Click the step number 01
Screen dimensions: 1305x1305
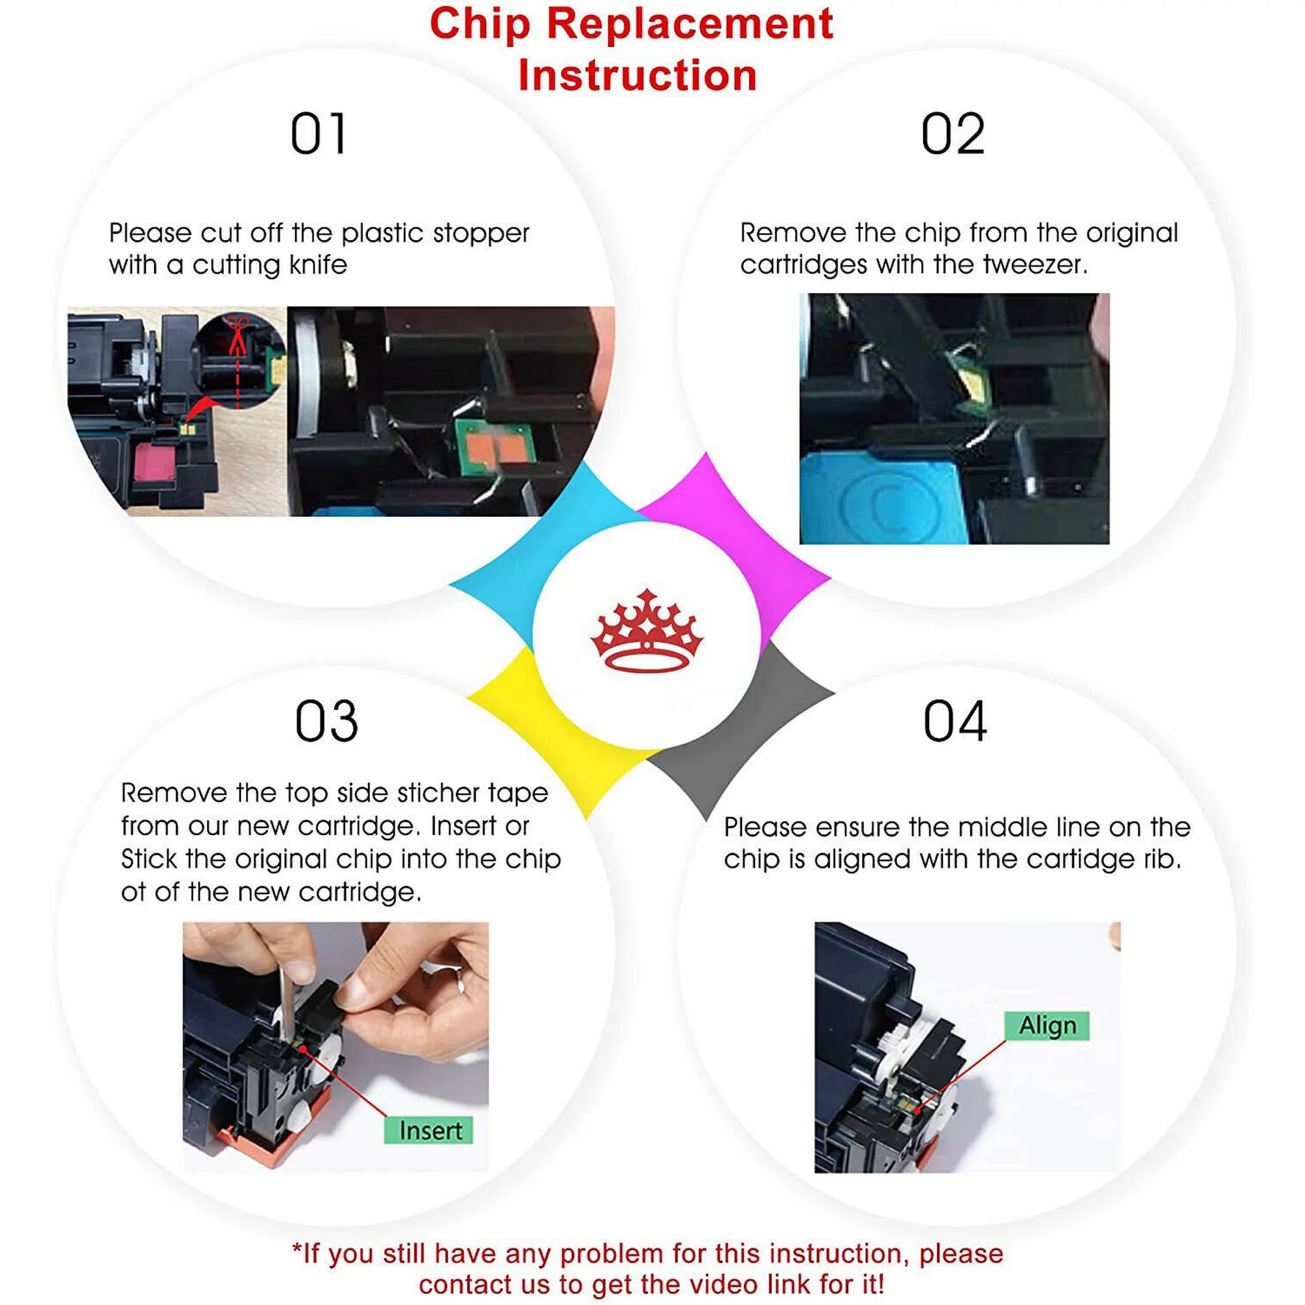(x=319, y=134)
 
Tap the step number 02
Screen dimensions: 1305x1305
(x=953, y=134)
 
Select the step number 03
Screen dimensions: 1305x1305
(x=326, y=722)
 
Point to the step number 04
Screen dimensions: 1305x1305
(x=955, y=722)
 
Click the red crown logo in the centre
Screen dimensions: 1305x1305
(x=647, y=632)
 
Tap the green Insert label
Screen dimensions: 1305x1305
(x=429, y=1130)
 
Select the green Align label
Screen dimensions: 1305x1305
(x=1047, y=1025)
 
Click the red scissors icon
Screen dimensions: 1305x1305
(x=237, y=333)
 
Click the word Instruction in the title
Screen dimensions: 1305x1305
(x=637, y=75)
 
